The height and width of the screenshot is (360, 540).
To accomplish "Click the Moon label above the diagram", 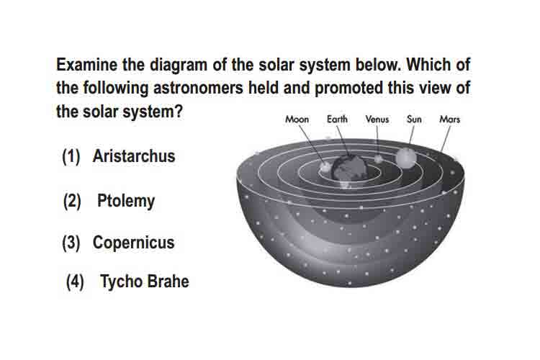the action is [x=297, y=120].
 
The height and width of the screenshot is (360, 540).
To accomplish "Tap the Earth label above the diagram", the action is [x=337, y=120].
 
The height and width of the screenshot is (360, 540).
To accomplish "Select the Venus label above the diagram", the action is [x=377, y=120].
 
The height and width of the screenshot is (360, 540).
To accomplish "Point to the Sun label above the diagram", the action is [x=414, y=120].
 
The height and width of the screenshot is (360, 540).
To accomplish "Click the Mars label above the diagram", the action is [x=450, y=120].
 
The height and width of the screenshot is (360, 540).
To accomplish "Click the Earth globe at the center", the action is [x=349, y=168].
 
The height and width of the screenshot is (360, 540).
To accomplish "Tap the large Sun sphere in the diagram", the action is [x=406, y=158].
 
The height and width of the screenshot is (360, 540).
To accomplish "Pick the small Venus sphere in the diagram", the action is [x=379, y=159].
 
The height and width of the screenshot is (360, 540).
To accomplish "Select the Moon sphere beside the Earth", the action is [x=325, y=167].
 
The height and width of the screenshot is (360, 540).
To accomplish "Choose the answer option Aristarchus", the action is [x=134, y=156].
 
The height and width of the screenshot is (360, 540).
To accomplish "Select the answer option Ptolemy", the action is [x=126, y=201].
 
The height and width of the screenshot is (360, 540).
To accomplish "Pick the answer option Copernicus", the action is [x=134, y=243].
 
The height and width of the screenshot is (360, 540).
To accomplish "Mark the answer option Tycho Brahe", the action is [x=145, y=282].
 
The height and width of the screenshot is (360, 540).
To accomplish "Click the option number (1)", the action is [x=71, y=157].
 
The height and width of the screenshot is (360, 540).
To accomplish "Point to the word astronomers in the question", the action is [x=199, y=88].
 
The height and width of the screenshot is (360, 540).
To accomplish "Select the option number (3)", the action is [x=71, y=243].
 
